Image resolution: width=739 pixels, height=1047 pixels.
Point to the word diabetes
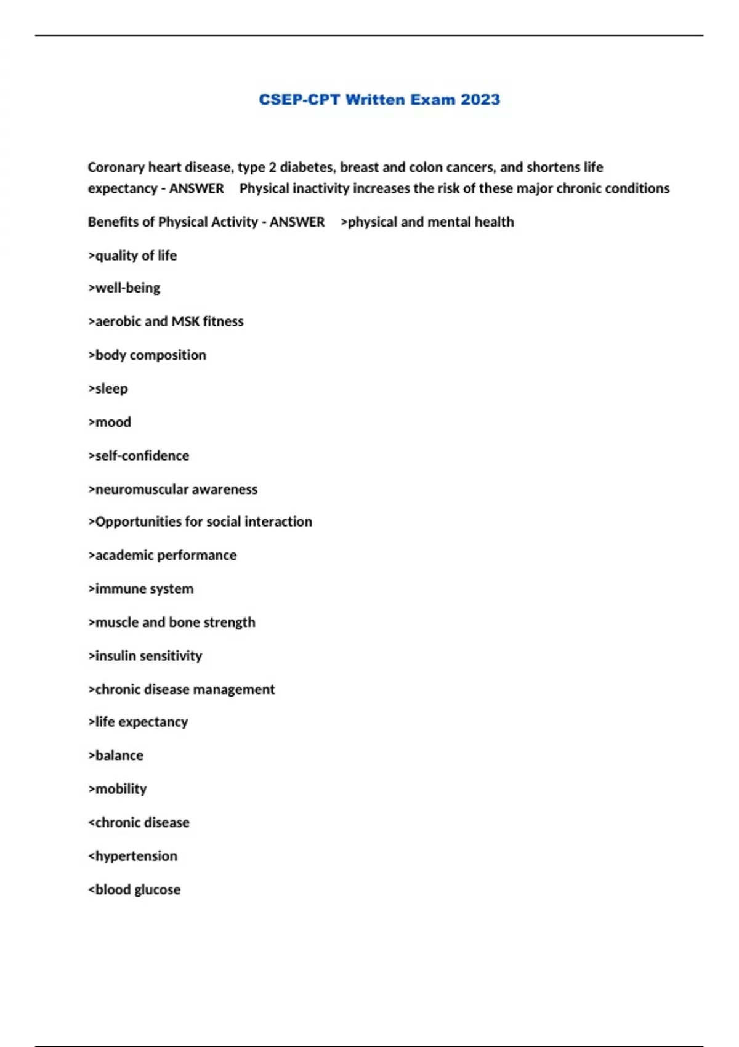pos(307,167)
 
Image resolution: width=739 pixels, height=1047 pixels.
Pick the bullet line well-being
pos(124,288)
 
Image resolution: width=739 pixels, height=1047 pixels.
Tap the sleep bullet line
pos(108,389)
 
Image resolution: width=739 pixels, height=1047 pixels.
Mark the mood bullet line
pos(110,422)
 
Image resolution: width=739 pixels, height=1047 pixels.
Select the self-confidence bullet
pos(139,456)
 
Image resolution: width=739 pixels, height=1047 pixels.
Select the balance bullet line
pos(116,756)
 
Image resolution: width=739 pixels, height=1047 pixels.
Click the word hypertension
pos(135,856)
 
